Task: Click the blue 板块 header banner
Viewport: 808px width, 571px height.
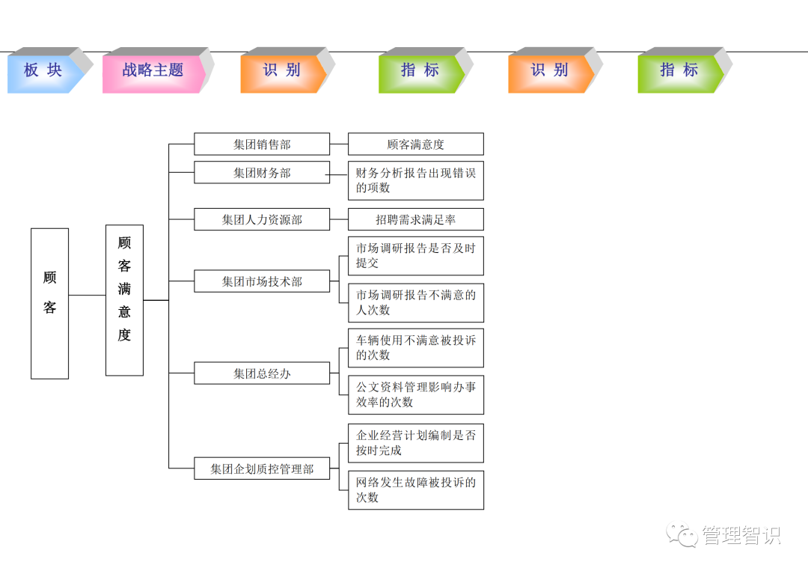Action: pos(43,71)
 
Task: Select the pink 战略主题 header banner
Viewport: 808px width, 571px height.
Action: pos(153,71)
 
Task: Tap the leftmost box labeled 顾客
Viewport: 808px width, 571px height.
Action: pos(49,303)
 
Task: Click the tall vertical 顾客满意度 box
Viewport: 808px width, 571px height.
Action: pos(124,300)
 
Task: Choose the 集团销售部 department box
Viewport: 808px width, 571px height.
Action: pos(262,144)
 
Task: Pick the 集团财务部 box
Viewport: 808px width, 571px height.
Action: pos(262,172)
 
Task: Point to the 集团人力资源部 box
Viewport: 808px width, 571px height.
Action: pos(262,219)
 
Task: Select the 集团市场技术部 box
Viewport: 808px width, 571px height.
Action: pos(262,281)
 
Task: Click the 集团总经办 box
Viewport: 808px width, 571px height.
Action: pos(262,373)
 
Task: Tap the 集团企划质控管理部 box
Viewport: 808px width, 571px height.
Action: pos(262,468)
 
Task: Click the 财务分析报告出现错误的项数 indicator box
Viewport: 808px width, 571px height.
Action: pos(416,180)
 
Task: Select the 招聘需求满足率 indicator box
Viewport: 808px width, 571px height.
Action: pos(416,219)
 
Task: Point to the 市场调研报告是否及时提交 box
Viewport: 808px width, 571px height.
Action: pos(416,256)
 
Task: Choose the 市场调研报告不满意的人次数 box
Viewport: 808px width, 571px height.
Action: pos(416,302)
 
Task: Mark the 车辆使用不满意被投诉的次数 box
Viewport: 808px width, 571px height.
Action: pos(416,347)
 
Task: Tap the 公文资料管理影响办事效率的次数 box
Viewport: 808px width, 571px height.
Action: pos(416,394)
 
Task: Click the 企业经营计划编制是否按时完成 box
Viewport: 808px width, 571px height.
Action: pos(416,443)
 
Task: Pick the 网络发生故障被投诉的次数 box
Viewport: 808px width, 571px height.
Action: pos(416,490)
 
